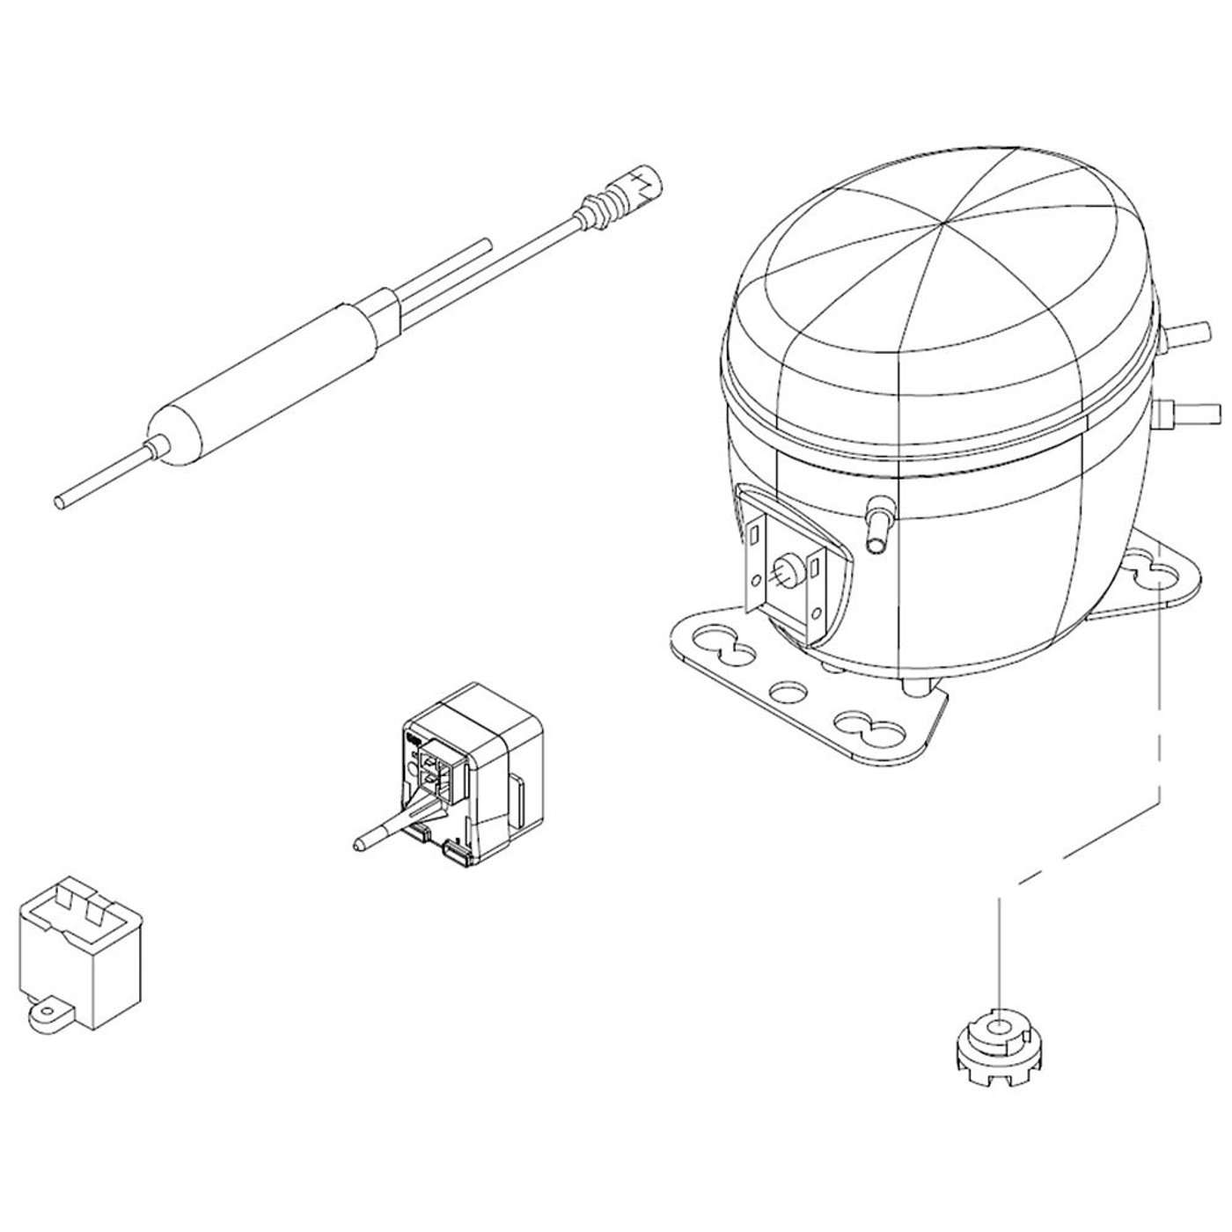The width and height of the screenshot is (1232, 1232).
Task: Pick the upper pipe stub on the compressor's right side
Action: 1190,334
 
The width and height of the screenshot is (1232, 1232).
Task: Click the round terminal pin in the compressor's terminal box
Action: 785,567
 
